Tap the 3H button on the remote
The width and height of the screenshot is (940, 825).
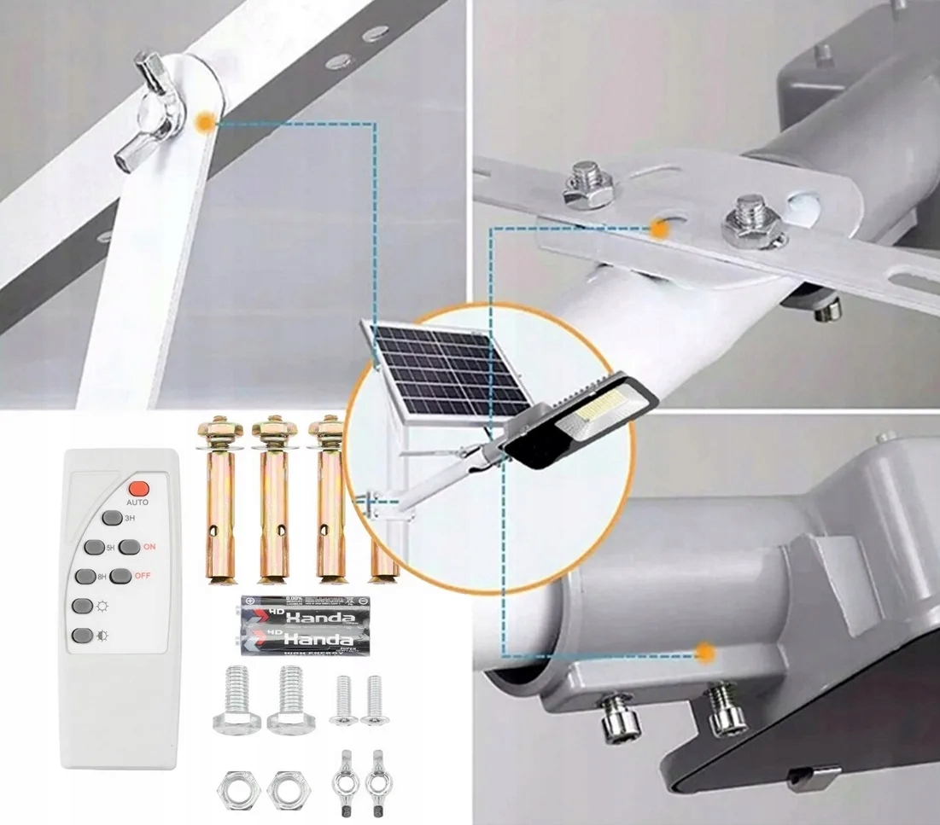(111, 518)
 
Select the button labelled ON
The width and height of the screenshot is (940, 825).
(129, 547)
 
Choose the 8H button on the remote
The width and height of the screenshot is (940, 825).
(84, 576)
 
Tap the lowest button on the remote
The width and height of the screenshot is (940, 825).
(82, 636)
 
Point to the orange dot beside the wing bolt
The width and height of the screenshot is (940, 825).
(204, 123)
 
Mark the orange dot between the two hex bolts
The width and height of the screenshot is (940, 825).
(658, 228)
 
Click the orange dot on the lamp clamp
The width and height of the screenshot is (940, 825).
(705, 653)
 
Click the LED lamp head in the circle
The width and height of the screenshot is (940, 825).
(581, 422)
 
